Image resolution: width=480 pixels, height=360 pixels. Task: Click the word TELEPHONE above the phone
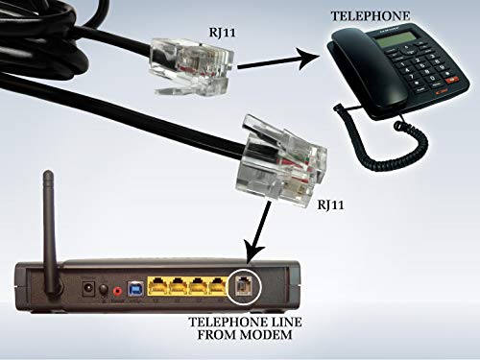pyautogui.click(x=371, y=16)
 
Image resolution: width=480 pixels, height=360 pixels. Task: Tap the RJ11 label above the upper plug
pyautogui.click(x=222, y=33)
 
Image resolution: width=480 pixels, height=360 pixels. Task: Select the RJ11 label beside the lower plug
pyautogui.click(x=330, y=204)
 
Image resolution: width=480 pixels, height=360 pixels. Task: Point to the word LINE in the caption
pyautogui.click(x=281, y=322)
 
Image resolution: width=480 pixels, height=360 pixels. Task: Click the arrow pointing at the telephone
pyautogui.click(x=278, y=60)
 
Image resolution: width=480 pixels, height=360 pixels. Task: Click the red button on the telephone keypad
pyautogui.click(x=452, y=79)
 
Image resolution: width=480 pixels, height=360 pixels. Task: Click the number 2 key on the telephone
pyautogui.click(x=417, y=60)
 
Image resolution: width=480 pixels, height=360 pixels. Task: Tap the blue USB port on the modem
pyautogui.click(x=135, y=289)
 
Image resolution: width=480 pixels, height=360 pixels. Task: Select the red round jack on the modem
pyautogui.click(x=117, y=291)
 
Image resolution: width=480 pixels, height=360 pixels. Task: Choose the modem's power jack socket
pyautogui.click(x=88, y=288)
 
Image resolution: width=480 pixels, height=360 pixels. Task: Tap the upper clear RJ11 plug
pyautogui.click(x=192, y=66)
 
